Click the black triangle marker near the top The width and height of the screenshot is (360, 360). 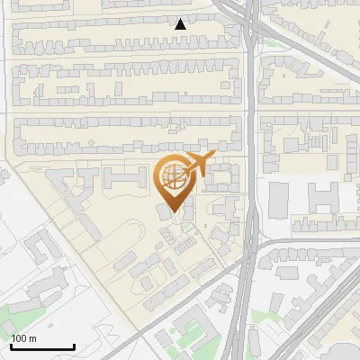181,24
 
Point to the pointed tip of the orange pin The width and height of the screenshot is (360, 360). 174,212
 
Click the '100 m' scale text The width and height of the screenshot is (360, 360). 23,338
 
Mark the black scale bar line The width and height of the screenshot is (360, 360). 41,346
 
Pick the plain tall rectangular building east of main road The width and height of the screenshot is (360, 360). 279,199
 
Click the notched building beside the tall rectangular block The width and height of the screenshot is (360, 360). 319,200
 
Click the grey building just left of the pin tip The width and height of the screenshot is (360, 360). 162,211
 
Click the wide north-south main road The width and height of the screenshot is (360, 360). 251,180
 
